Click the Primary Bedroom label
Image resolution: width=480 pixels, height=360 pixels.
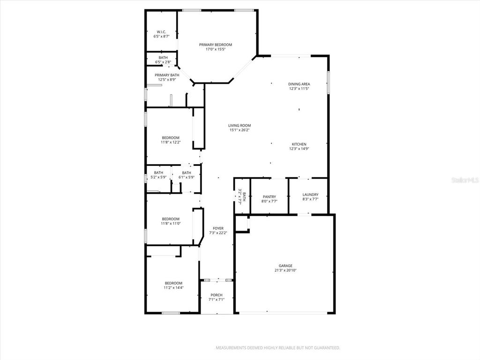(216, 45)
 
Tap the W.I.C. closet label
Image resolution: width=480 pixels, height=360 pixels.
(161, 32)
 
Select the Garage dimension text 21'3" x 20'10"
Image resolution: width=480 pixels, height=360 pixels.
(285, 270)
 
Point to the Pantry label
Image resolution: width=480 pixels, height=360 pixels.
(270, 197)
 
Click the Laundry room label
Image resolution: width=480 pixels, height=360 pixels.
(310, 195)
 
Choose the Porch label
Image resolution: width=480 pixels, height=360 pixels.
(217, 295)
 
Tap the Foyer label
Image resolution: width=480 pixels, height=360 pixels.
(218, 228)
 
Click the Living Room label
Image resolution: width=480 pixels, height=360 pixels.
(240, 126)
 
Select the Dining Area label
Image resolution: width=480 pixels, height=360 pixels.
(299, 84)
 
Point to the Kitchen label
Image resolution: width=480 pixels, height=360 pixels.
(299, 144)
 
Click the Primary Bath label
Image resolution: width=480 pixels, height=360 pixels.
(167, 75)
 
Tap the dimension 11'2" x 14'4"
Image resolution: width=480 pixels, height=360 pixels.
(173, 288)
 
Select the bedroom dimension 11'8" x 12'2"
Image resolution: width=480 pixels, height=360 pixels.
(171, 142)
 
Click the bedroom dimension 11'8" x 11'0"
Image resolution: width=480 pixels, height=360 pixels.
(171, 224)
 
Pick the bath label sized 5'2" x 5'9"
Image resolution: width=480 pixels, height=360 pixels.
(158, 175)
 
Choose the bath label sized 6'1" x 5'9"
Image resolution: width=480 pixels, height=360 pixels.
(187, 175)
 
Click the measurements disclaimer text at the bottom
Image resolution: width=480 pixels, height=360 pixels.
(278, 348)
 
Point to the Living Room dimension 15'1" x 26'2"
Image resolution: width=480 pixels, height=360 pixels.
(240, 130)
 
